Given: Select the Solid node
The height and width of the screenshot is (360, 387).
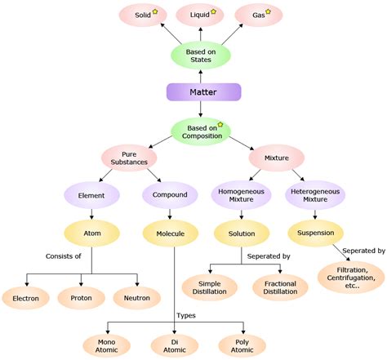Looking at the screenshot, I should pos(138,16).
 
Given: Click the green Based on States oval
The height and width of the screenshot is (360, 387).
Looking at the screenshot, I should pos(194,56).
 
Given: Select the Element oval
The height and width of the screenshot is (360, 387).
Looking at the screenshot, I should pos(91,195).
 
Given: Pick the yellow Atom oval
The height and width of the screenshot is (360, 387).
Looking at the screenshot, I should pos(91,234).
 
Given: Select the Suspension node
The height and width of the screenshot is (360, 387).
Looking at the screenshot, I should pos(315,234).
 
